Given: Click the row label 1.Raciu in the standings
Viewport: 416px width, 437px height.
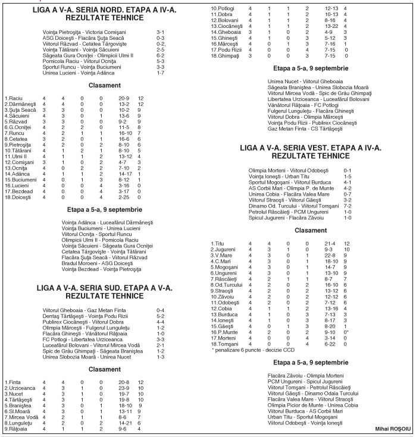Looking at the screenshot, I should click(x=13, y=98).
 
